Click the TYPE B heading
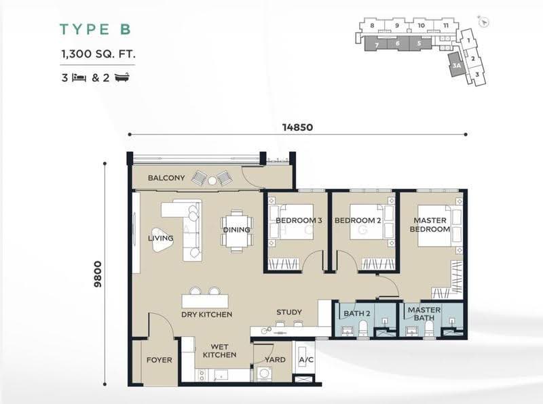click(96, 29)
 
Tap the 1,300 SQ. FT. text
click(98, 54)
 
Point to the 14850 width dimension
click(297, 127)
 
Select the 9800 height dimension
click(98, 274)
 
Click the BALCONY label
click(166, 178)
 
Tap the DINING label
click(236, 230)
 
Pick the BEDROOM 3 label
click(299, 220)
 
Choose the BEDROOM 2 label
click(358, 220)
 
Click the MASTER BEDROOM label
click(430, 224)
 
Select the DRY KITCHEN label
click(207, 315)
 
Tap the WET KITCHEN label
click(219, 350)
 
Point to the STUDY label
click(289, 312)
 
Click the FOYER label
click(160, 360)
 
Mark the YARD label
click(276, 360)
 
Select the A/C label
click(306, 360)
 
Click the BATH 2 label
click(357, 313)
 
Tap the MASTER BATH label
click(424, 314)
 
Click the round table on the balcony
click(212, 180)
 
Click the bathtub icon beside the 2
click(122, 77)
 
